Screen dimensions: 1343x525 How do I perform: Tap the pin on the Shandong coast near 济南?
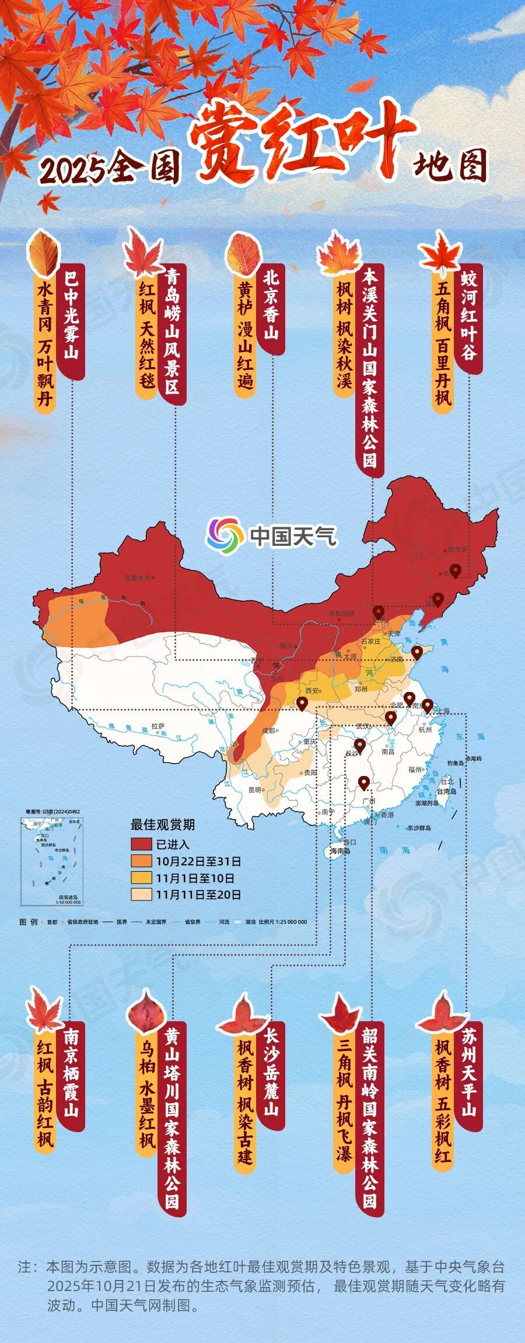[x=416, y=651]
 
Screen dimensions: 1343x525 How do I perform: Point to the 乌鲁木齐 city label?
[x=137, y=578]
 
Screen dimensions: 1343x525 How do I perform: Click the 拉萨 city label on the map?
[x=158, y=726]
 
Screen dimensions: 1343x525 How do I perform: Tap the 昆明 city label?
[x=255, y=790]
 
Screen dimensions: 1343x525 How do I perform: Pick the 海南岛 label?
[x=341, y=851]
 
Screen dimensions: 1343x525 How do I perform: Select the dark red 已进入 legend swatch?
[x=141, y=844]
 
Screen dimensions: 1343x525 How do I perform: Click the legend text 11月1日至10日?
[x=195, y=878]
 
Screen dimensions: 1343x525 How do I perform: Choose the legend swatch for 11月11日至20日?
[x=141, y=895]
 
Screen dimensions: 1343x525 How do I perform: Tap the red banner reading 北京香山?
[x=271, y=309]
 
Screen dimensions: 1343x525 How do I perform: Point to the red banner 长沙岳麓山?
[x=271, y=1074]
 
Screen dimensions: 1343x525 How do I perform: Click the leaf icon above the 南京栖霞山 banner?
[x=44, y=1010]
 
